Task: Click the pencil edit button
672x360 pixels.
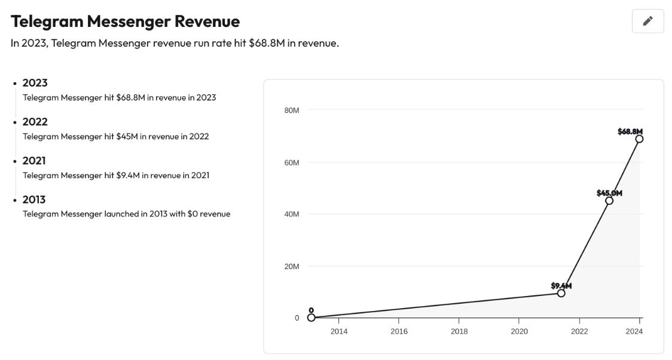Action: point(647,21)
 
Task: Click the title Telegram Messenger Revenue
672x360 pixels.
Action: point(125,21)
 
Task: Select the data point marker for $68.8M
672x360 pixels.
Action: point(639,139)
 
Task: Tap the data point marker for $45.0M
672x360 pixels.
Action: point(609,201)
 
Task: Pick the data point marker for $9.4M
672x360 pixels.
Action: point(561,293)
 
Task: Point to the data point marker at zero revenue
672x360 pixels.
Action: point(311,318)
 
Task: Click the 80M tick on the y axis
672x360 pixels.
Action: point(292,110)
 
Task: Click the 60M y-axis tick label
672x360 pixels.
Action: point(292,163)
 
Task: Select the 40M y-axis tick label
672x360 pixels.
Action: point(292,214)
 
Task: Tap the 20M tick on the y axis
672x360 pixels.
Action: point(292,267)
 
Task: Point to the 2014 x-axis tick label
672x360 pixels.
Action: point(339,331)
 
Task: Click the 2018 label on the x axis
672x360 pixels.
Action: point(459,331)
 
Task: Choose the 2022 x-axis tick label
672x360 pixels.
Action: point(579,331)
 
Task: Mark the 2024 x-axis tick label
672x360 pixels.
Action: point(634,331)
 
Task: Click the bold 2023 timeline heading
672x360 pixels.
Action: point(35,83)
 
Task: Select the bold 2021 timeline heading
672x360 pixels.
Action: point(34,160)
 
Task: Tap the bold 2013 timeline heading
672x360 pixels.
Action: point(34,199)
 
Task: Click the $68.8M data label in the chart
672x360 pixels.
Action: point(630,132)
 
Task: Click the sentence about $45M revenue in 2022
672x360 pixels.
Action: point(116,136)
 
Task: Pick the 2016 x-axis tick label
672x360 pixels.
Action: point(399,331)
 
